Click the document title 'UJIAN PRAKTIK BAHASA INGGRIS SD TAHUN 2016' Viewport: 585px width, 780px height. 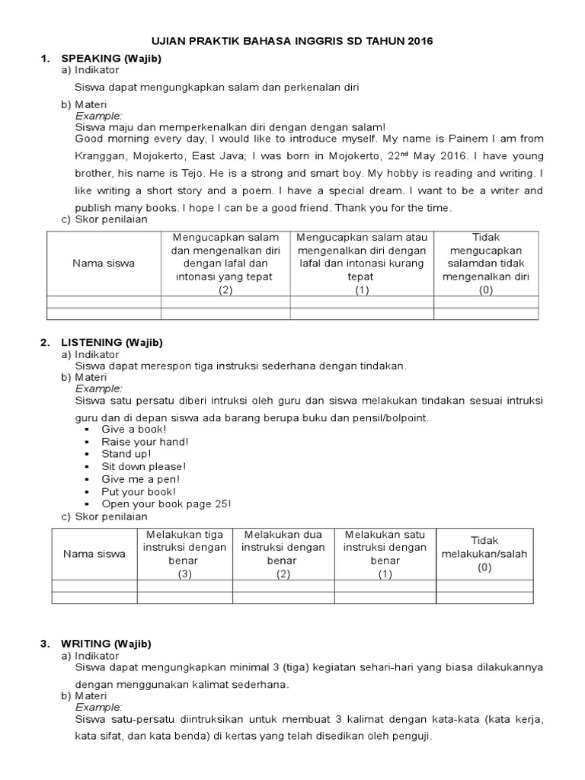[292, 42]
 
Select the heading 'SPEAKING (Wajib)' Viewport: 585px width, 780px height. [111, 59]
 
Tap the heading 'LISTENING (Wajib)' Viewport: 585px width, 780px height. [111, 343]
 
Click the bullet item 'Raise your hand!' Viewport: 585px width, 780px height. [145, 442]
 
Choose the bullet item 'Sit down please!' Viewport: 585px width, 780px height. [144, 466]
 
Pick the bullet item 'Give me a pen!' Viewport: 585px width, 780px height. [141, 479]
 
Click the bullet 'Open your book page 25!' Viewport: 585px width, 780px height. [165, 503]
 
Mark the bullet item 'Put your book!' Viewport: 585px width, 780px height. [139, 491]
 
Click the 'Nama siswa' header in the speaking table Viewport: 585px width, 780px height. [104, 264]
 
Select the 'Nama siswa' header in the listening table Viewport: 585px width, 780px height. [94, 554]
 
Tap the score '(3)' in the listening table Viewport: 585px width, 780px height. [184, 574]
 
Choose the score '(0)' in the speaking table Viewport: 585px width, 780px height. [486, 290]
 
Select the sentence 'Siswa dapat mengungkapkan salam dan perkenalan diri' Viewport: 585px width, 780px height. [216, 87]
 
